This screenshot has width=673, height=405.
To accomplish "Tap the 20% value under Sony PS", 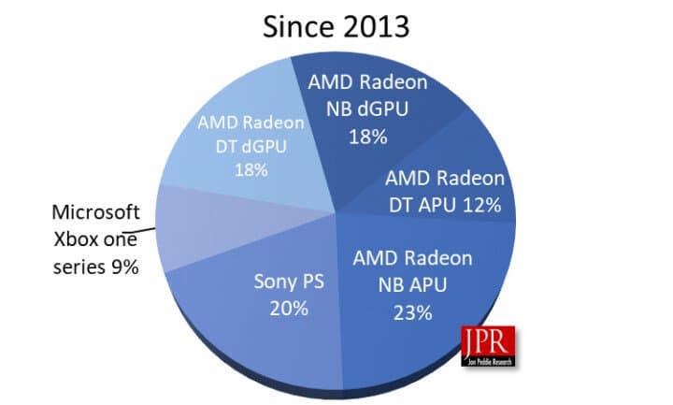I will tap(288, 308).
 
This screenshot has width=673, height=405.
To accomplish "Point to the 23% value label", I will tap(411, 313).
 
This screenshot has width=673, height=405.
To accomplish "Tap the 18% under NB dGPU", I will tap(367, 136).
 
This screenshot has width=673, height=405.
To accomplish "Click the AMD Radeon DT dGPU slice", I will tap(252, 140).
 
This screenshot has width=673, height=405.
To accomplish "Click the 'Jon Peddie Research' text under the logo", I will tap(481, 359).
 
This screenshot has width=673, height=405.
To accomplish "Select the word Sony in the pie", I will tap(272, 281).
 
